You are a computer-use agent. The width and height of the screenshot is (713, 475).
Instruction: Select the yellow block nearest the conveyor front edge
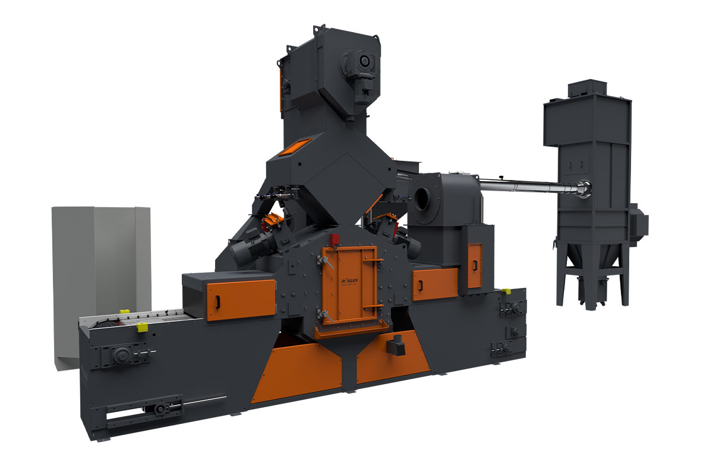click(x=143, y=327)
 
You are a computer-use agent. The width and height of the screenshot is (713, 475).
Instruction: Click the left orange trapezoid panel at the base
click(x=297, y=371)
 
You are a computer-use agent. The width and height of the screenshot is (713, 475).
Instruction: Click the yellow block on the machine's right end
click(x=506, y=292)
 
